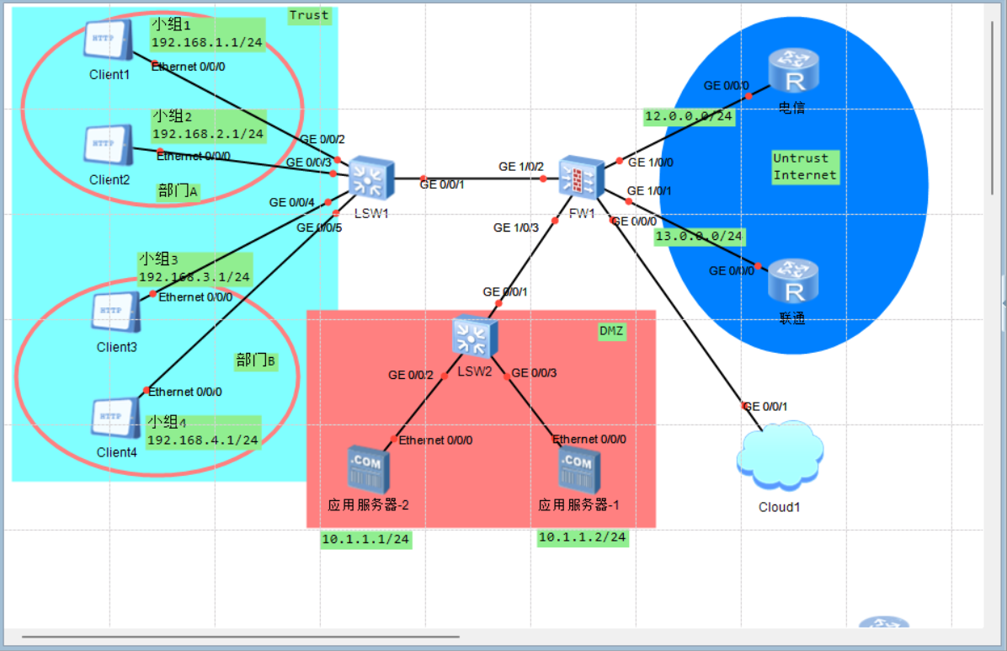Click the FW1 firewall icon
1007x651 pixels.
point(582,177)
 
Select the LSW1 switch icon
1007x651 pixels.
point(366,179)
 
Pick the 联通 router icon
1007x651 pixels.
point(792,281)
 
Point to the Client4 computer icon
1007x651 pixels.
point(115,419)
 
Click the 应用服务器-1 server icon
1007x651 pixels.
point(578,470)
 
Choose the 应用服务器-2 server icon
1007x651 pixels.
point(368,470)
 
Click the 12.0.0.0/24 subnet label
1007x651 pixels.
point(689,116)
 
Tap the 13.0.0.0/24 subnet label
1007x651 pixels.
point(700,237)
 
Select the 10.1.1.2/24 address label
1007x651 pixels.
point(583,537)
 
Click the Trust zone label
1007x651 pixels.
point(309,15)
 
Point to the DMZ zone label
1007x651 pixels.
point(611,332)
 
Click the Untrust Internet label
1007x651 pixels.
point(805,167)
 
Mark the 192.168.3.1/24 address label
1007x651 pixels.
point(194,276)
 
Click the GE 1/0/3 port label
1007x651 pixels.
point(516,227)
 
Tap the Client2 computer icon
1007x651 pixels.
point(108,145)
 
